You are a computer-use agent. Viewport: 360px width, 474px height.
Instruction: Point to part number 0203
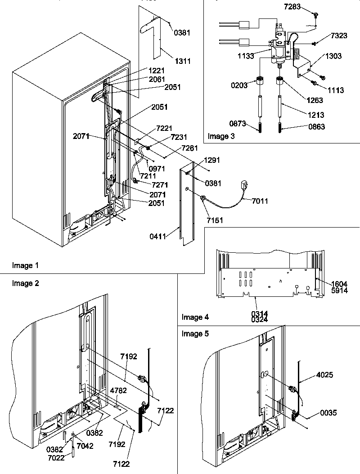[x=239, y=85]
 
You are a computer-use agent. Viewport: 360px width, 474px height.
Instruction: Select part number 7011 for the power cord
[x=260, y=201]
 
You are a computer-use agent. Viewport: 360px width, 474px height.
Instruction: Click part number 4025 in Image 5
[x=324, y=375]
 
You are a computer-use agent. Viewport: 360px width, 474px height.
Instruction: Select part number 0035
[x=328, y=413]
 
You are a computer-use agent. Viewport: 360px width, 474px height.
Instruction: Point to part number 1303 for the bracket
[x=333, y=57]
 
